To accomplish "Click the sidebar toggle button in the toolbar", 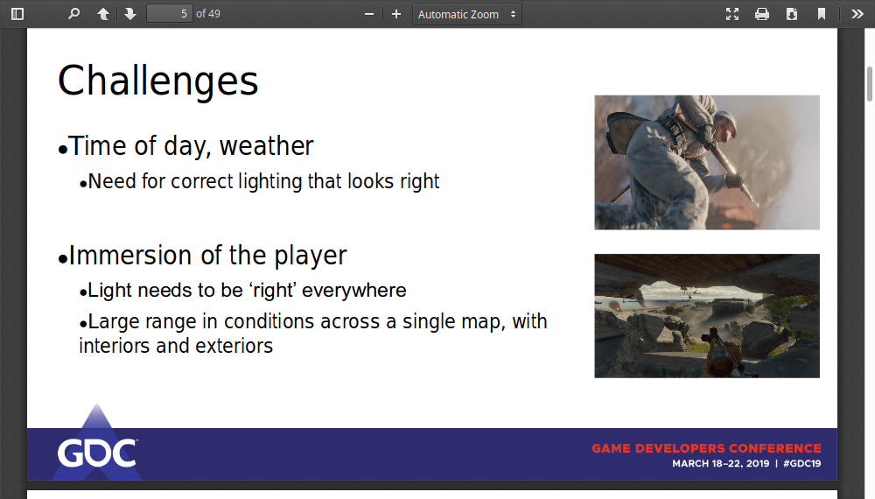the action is pyautogui.click(x=17, y=14).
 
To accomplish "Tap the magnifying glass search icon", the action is pyautogui.click(x=73, y=14).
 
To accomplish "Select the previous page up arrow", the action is pyautogui.click(x=103, y=14).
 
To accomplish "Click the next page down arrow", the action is pyautogui.click(x=130, y=14).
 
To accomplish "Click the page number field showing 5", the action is pyautogui.click(x=170, y=13).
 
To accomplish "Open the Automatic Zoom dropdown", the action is pyautogui.click(x=467, y=14).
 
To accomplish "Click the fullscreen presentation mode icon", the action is pyautogui.click(x=732, y=14).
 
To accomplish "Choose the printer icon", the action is pyautogui.click(x=762, y=14).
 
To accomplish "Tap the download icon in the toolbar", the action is pyautogui.click(x=791, y=14).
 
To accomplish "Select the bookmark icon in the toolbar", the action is pyautogui.click(x=822, y=14).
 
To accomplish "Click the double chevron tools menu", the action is pyautogui.click(x=857, y=14).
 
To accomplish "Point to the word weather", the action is pyautogui.click(x=266, y=146).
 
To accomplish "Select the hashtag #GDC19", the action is pyautogui.click(x=801, y=463).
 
